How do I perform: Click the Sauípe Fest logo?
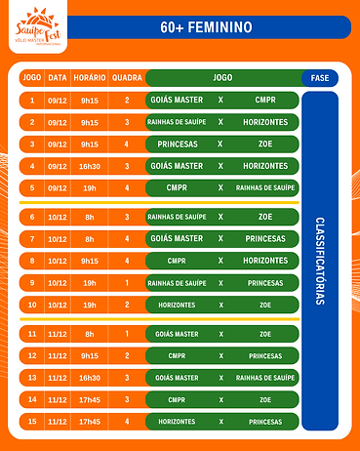36,26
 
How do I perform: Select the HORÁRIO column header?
92,77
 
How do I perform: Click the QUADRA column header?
126,77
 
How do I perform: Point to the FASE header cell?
319,77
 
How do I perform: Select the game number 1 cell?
32,100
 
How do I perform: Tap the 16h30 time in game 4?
92,166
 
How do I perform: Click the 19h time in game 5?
92,187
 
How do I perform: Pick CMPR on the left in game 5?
177,187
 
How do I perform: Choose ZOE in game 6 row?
265,217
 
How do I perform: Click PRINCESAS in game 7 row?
265,238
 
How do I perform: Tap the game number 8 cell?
32,261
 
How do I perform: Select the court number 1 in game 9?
126,282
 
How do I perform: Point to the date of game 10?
59,305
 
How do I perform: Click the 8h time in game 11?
92,334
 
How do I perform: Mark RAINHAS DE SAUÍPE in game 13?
265,378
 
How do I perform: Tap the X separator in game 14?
221,399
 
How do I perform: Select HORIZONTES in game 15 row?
177,422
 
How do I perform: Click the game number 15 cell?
32,422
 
